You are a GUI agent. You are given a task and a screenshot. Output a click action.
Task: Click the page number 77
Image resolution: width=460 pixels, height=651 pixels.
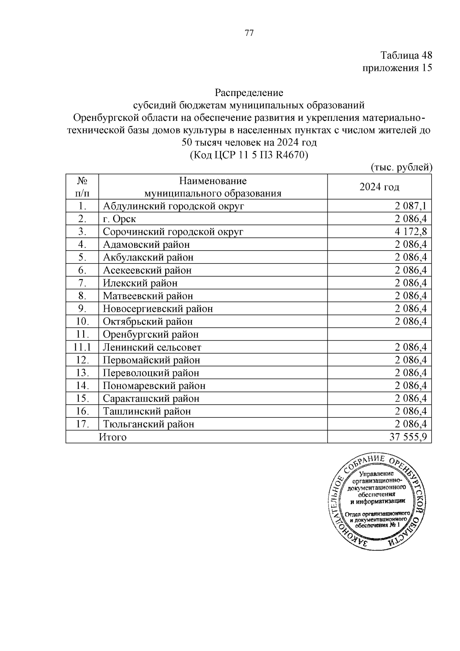click(x=249, y=33)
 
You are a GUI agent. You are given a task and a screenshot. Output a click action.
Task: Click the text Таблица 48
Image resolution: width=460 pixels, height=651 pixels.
click(x=406, y=55)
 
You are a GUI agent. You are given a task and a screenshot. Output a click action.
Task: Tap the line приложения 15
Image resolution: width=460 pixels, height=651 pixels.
click(x=397, y=68)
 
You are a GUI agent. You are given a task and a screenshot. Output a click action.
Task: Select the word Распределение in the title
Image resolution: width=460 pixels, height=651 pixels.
click(x=249, y=93)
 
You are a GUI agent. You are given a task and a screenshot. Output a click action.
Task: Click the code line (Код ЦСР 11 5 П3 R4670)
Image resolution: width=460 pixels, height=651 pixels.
click(x=249, y=155)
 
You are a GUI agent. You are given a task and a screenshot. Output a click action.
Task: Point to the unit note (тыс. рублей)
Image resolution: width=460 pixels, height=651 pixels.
click(x=401, y=167)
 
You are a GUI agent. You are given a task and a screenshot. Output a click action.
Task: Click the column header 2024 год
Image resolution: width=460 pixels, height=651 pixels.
click(x=379, y=187)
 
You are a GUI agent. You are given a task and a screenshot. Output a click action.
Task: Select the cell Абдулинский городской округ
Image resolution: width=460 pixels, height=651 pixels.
click(x=173, y=206)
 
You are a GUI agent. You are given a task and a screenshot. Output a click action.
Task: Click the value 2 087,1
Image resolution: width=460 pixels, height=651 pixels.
click(x=411, y=206)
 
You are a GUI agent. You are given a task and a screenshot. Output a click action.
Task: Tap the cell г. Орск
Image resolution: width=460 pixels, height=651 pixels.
click(x=119, y=219)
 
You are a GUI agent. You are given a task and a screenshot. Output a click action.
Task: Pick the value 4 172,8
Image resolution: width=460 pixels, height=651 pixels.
click(x=411, y=232)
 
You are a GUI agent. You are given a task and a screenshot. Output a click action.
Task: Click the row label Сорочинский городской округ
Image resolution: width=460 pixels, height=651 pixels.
click(x=173, y=232)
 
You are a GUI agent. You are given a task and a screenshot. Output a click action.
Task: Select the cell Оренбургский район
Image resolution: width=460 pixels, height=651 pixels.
click(x=151, y=335)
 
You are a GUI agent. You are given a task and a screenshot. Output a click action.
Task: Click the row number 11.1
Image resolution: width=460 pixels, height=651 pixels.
click(x=82, y=348)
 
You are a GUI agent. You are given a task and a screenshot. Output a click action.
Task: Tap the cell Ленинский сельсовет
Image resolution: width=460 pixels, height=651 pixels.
click(x=152, y=348)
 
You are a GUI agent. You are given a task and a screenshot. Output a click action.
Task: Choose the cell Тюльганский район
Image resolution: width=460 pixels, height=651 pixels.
click(x=148, y=424)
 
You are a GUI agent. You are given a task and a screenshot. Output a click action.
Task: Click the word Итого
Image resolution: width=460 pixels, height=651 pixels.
click(x=113, y=437)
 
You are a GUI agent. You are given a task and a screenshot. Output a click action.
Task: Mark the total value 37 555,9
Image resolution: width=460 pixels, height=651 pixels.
click(x=408, y=437)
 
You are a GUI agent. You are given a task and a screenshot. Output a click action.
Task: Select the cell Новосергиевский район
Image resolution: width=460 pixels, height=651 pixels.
click(x=158, y=309)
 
